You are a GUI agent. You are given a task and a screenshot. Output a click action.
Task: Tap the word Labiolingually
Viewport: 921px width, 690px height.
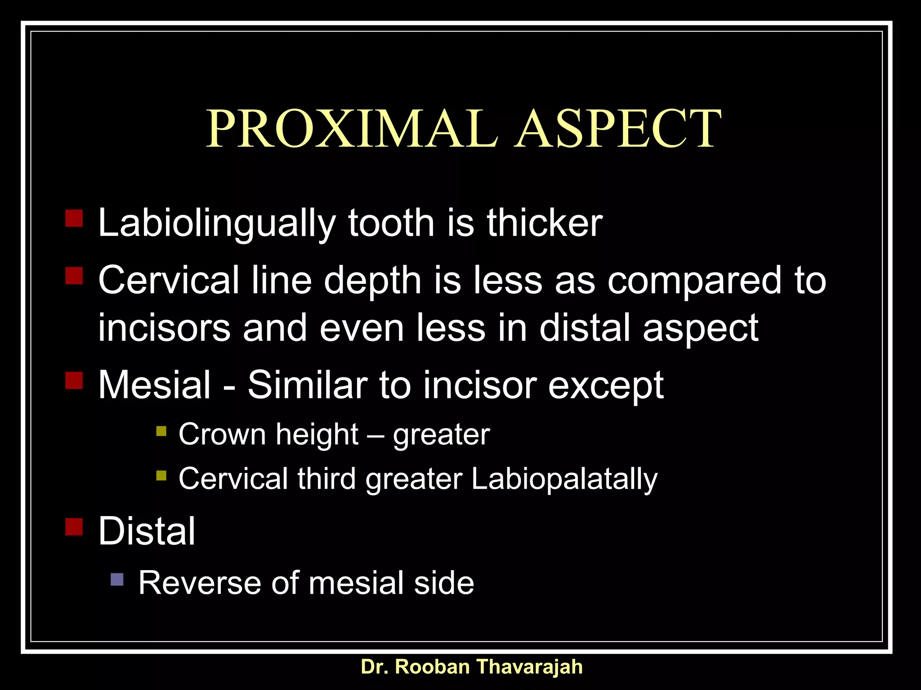pos(217,223)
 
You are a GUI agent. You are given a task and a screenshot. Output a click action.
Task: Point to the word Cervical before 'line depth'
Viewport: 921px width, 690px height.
pos(168,280)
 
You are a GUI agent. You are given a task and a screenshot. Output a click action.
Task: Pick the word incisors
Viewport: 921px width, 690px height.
pos(164,328)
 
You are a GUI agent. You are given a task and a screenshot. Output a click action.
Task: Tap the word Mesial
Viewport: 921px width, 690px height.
pos(154,385)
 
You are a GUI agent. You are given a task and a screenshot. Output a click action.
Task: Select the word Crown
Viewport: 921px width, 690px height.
pos(222,434)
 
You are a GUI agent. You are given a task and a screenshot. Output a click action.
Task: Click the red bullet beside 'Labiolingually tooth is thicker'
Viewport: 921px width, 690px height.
pos(74,218)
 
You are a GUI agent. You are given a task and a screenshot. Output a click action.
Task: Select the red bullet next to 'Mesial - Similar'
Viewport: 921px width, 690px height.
pos(74,380)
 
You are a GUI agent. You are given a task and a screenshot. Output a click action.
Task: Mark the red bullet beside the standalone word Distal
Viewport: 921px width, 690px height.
pos(74,526)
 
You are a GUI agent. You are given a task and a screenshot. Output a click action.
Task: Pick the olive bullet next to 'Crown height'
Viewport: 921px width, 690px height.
pos(161,431)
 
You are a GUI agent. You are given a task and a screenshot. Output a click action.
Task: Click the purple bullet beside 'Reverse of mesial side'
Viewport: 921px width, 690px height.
pos(117,579)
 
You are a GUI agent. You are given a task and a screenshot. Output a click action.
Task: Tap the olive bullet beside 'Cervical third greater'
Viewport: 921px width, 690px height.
pos(161,475)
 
